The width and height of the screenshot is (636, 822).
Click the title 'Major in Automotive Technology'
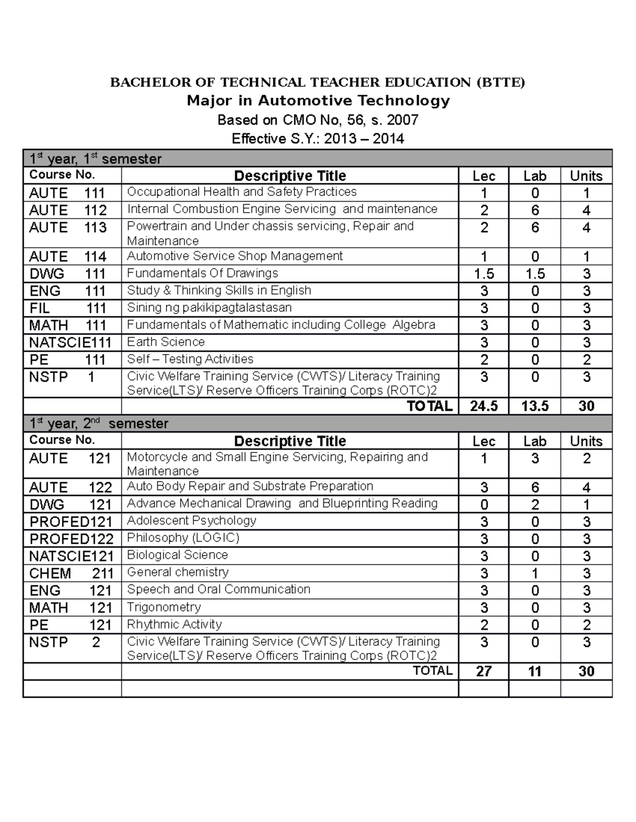point(318,101)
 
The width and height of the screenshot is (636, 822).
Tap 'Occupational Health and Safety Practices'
point(242,192)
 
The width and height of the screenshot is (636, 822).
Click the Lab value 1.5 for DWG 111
point(535,274)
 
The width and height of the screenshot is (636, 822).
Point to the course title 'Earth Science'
point(166,342)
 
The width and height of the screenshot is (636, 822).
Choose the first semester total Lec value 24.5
point(483,406)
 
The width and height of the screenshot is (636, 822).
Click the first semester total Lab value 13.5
point(535,406)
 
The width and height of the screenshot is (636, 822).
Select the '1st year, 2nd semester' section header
point(99,423)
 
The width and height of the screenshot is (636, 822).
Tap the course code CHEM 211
point(71,573)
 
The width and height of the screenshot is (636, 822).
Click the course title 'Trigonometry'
point(164,607)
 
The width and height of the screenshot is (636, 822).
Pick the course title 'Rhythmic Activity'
point(174,625)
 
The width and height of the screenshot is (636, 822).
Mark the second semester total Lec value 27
point(483,671)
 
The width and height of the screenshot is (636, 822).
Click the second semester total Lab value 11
point(535,671)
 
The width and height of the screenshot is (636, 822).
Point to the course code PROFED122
point(72,539)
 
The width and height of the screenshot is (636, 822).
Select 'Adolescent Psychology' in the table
point(191,521)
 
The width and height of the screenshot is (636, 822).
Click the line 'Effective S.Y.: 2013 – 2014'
point(318,139)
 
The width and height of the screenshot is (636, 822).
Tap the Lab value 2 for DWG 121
point(535,504)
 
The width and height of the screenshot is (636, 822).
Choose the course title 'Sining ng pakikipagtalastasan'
point(209,308)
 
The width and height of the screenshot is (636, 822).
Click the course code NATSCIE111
point(70,342)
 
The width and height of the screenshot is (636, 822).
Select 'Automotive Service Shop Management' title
point(235,256)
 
